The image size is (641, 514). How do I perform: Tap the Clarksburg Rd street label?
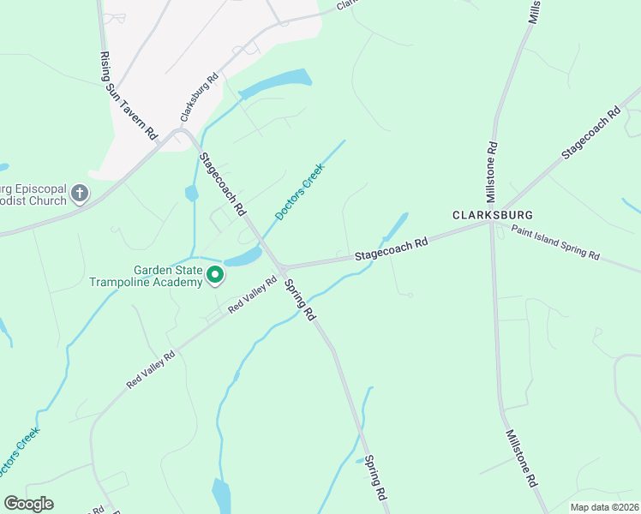click(200, 96)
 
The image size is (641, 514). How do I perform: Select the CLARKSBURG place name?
click(493, 214)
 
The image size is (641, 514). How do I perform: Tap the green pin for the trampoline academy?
click(215, 275)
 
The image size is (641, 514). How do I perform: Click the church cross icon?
click(80, 194)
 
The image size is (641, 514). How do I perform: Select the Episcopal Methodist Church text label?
click(34, 194)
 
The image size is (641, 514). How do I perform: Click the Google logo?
click(28, 504)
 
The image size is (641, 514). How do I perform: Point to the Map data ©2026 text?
click(603, 507)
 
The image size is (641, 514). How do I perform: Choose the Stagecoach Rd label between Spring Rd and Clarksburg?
click(391, 251)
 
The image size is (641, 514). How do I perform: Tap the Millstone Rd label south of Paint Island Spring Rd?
click(521, 458)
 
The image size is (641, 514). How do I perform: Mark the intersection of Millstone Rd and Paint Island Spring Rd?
click(493, 224)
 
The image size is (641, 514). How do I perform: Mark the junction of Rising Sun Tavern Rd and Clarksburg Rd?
click(179, 133)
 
